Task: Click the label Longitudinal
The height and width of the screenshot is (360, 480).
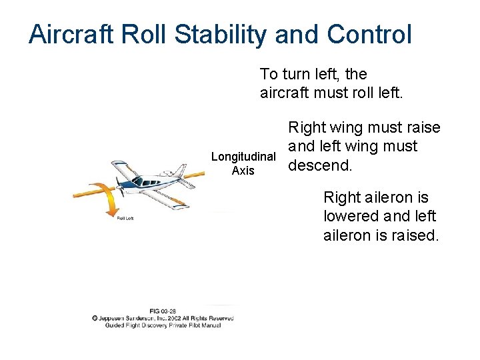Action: pyautogui.click(x=243, y=157)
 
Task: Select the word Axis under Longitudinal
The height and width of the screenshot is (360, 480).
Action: pyautogui.click(x=243, y=171)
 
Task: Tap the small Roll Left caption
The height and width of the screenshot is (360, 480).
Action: pyautogui.click(x=125, y=218)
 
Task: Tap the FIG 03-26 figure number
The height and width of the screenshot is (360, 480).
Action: pyautogui.click(x=163, y=311)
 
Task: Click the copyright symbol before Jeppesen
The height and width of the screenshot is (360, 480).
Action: pyautogui.click(x=96, y=318)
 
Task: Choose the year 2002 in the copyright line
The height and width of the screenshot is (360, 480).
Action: pyautogui.click(x=178, y=318)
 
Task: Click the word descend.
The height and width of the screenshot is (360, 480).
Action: pyautogui.click(x=319, y=165)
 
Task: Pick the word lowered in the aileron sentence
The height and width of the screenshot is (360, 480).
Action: pyautogui.click(x=351, y=216)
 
